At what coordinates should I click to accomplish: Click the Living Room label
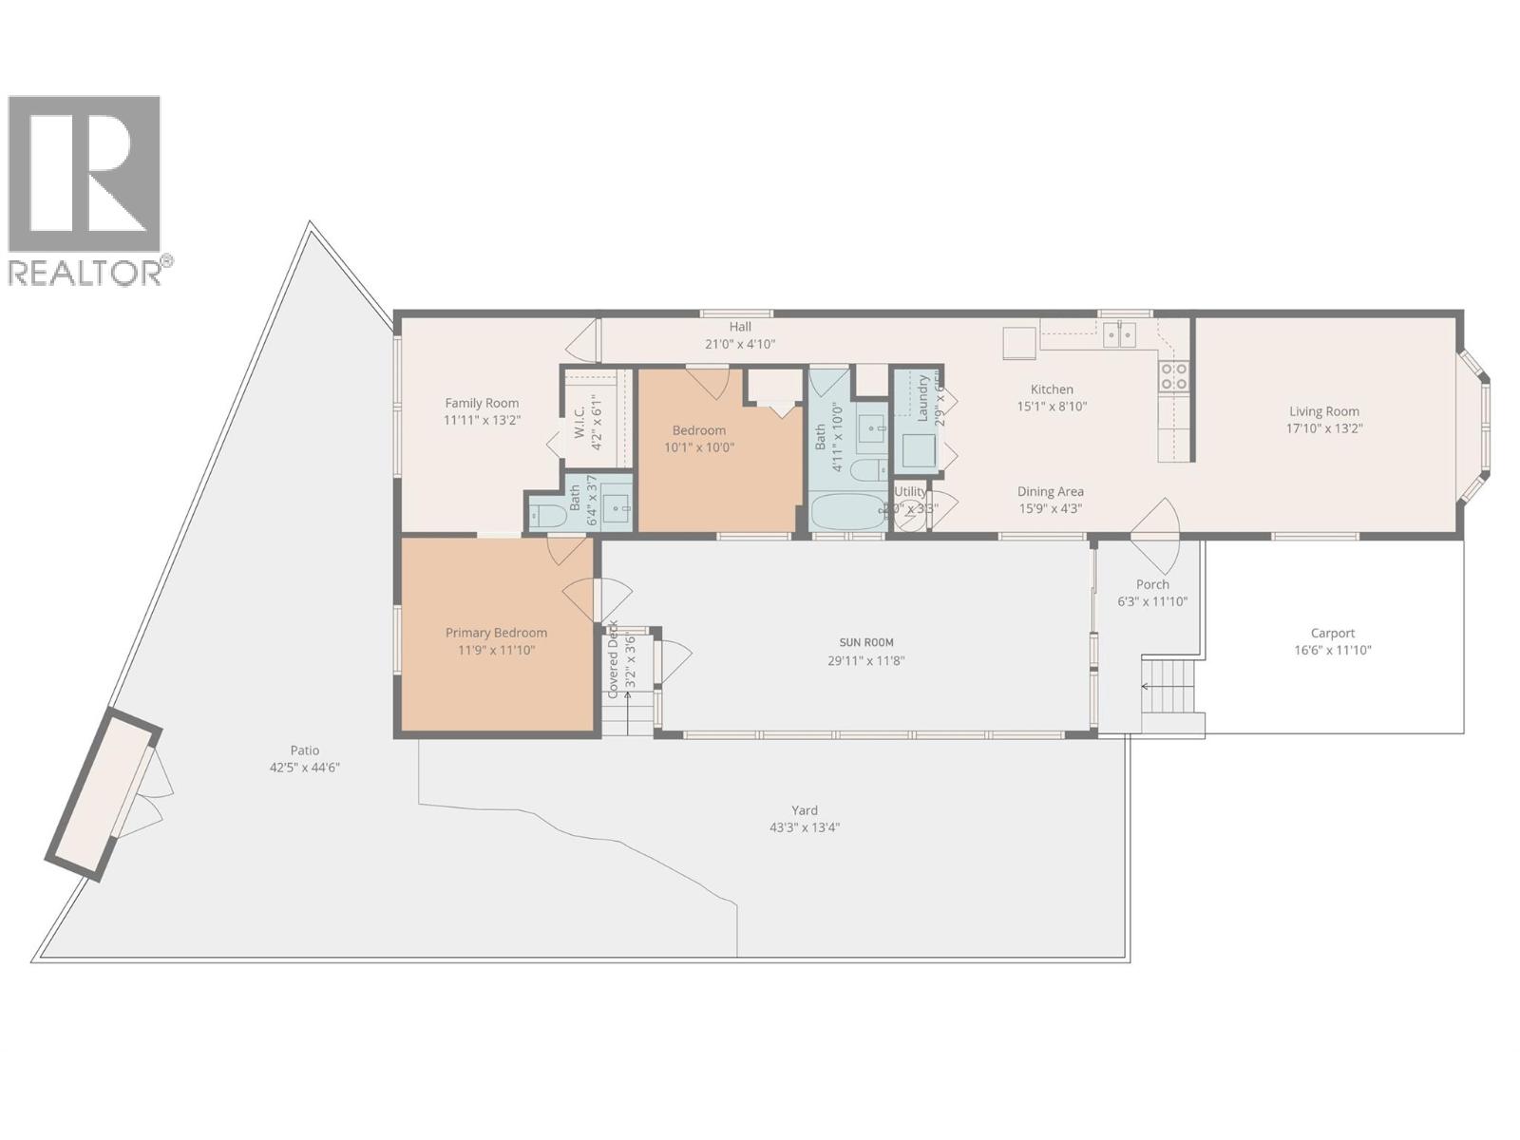point(1323,411)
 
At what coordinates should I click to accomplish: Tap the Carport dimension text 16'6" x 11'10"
point(1333,651)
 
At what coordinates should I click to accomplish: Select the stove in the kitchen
point(1174,377)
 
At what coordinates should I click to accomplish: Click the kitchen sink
point(1119,334)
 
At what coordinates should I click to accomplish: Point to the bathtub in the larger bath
point(847,513)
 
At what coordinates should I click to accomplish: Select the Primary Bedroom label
point(496,633)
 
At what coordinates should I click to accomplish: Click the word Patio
point(304,750)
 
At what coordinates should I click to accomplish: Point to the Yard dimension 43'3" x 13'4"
point(804,827)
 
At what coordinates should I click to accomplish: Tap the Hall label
point(740,327)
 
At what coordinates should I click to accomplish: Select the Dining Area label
point(1050,491)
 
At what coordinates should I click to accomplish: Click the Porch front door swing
point(1154,532)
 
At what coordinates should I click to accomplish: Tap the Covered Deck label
point(614,659)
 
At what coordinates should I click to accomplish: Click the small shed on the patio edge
point(103,794)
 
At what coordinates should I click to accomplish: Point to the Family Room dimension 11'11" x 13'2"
point(482,420)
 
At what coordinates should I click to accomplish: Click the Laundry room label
point(922,397)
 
